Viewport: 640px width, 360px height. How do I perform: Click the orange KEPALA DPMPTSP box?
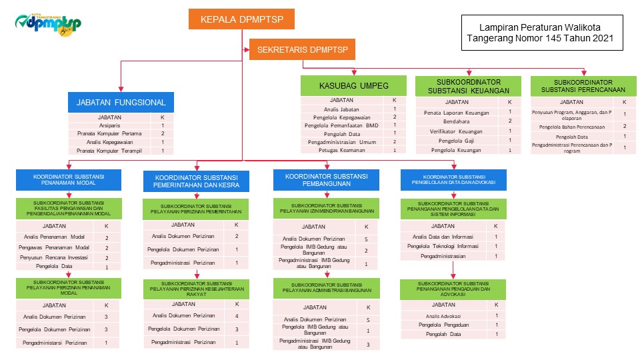pos(241,19)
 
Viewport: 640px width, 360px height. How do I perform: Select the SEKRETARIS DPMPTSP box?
pos(303,49)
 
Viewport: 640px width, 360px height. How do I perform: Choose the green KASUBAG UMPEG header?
pos(353,85)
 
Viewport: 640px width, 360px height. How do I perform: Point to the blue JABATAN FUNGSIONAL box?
pos(121,103)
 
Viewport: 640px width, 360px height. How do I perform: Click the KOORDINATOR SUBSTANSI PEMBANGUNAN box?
pos(326,180)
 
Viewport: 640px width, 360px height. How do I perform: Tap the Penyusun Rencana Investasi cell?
pos(54,257)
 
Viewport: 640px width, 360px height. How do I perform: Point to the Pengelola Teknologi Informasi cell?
pos(445,246)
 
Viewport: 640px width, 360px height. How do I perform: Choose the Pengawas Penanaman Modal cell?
pos(54,247)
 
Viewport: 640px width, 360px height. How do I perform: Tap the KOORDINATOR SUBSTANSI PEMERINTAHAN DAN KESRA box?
pos(197,181)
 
